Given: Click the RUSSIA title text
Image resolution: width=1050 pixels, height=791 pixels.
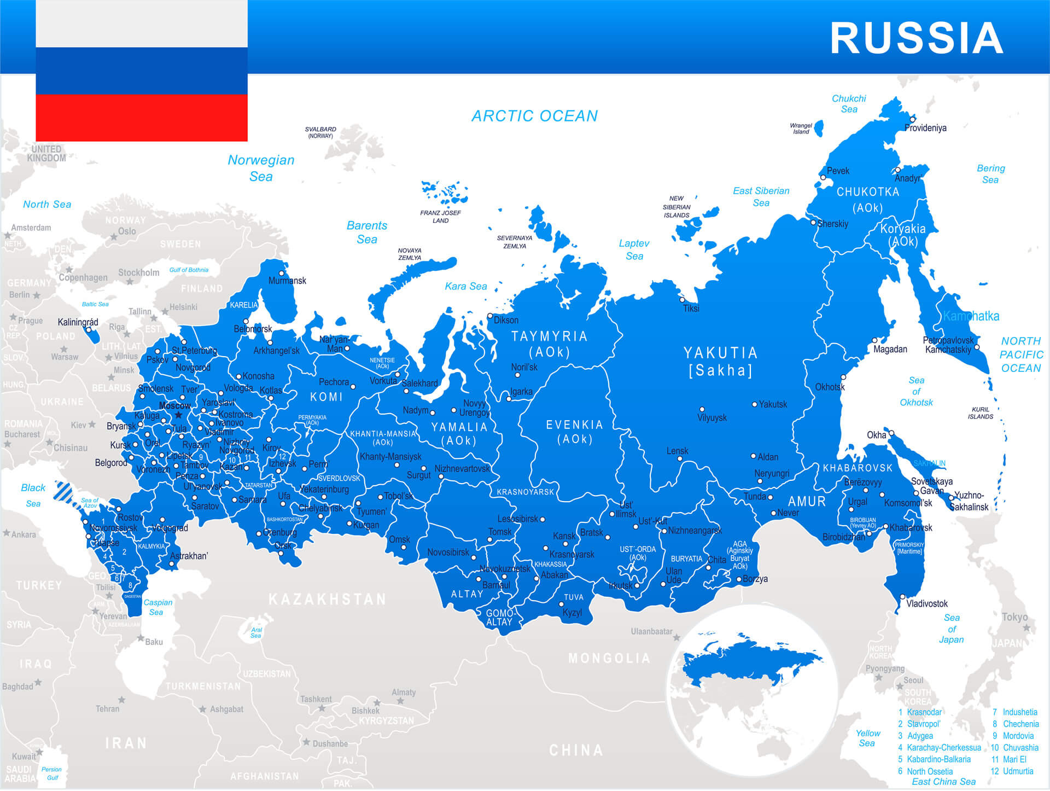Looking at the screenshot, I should click(917, 38).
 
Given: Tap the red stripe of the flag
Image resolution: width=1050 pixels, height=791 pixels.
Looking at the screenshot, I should click(141, 117).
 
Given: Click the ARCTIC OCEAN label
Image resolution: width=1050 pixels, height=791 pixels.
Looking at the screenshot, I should click(534, 116).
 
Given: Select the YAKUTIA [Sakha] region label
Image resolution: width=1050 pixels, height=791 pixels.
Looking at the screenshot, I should click(720, 362).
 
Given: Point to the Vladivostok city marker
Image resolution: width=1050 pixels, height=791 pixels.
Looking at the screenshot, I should click(902, 597).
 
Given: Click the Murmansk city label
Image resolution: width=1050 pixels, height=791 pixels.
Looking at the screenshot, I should click(287, 281).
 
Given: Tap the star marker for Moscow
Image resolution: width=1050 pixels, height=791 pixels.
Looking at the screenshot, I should click(178, 415).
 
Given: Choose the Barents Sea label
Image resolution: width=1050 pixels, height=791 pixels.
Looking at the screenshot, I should click(366, 232).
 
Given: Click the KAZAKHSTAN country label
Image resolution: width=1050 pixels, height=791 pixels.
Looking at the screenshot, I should click(327, 600).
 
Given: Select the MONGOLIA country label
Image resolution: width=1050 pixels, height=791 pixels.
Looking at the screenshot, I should click(609, 658).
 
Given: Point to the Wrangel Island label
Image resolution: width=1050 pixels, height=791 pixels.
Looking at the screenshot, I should click(801, 129).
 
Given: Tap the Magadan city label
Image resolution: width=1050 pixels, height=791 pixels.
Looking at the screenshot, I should click(890, 349).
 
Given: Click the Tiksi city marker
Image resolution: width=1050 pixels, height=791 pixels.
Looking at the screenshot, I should click(682, 300).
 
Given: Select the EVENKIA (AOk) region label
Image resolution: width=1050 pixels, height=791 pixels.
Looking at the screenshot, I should click(574, 432).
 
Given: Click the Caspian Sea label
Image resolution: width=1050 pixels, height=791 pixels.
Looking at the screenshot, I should click(157, 607).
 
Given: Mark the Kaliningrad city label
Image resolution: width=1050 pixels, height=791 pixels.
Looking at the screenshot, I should click(78, 322).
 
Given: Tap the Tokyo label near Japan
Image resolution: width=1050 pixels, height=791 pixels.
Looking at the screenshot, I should click(1014, 617).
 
